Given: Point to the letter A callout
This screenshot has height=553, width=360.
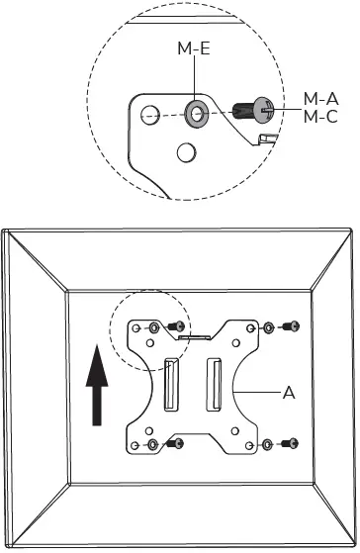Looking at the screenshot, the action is point(289,393).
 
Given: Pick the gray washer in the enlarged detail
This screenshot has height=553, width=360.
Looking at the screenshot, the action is point(196,113).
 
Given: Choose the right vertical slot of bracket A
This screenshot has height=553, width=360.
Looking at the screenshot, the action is point(213,384).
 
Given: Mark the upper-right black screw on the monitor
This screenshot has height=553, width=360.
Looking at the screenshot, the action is point(291,325).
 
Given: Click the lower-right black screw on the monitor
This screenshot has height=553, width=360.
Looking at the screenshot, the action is point(291,441).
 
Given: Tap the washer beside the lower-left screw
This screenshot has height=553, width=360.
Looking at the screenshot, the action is point(153,441).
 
